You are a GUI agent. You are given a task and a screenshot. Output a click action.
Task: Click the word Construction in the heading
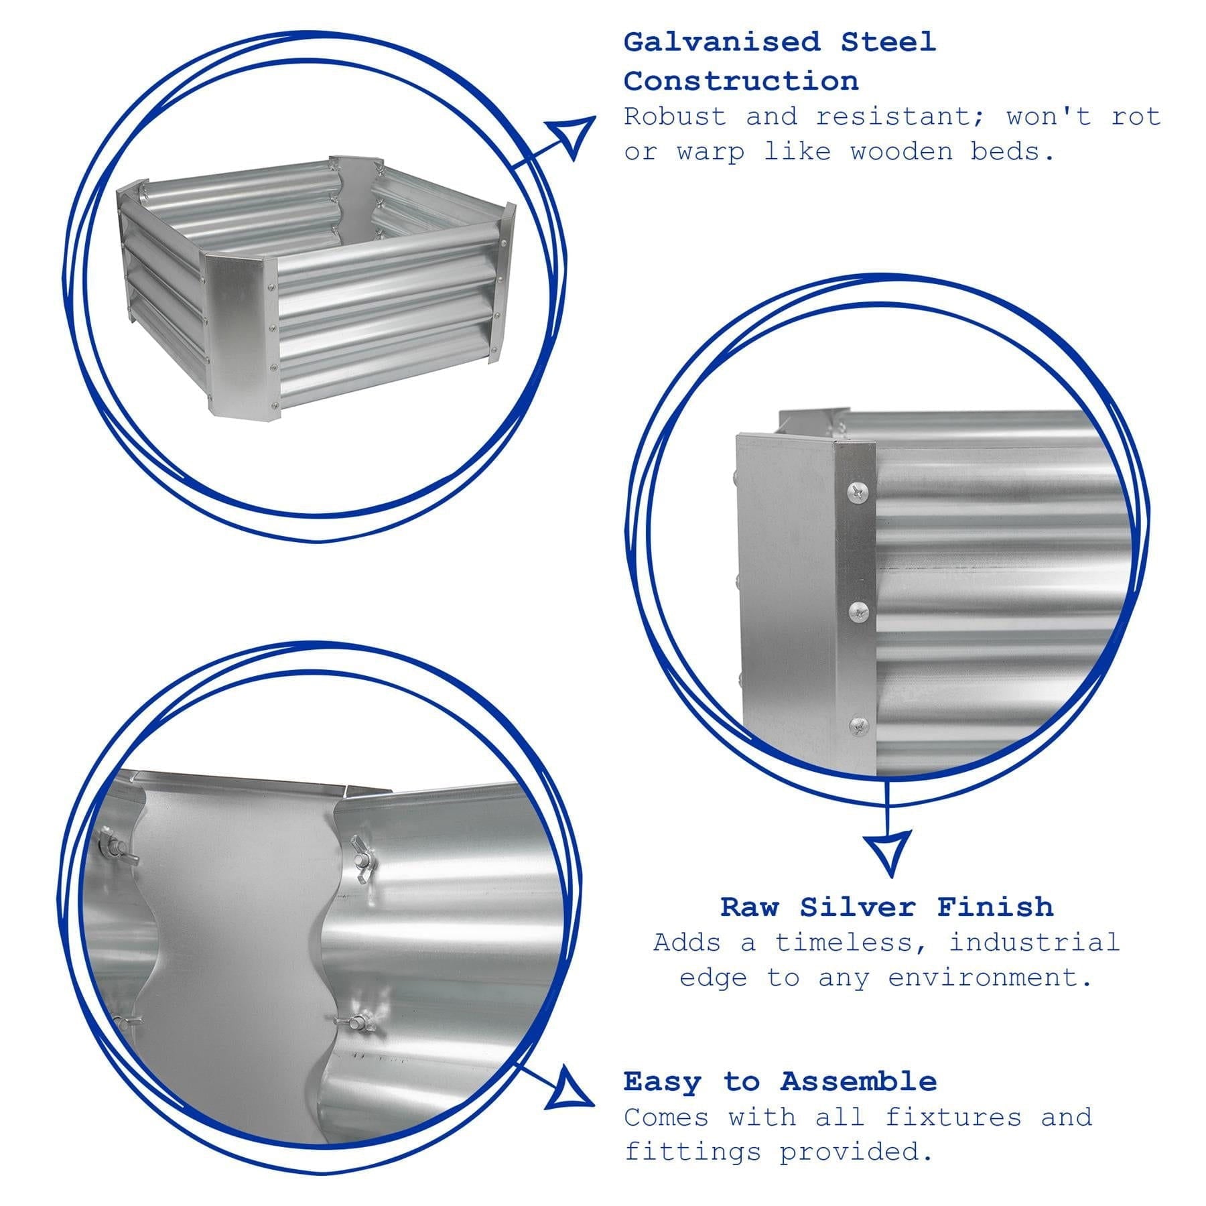(741, 82)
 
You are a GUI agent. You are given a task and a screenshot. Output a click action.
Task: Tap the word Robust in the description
(675, 117)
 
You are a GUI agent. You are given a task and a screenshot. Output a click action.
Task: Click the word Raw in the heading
(749, 907)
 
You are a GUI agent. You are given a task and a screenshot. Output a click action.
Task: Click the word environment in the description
(990, 978)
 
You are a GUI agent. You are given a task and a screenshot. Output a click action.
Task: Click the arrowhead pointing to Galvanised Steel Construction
(570, 137)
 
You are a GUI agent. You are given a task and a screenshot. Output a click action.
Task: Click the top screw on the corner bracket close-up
(858, 493)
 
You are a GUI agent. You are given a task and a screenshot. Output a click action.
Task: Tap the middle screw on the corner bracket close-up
(858, 610)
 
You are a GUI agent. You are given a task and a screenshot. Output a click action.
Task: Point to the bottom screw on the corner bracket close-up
(859, 726)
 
